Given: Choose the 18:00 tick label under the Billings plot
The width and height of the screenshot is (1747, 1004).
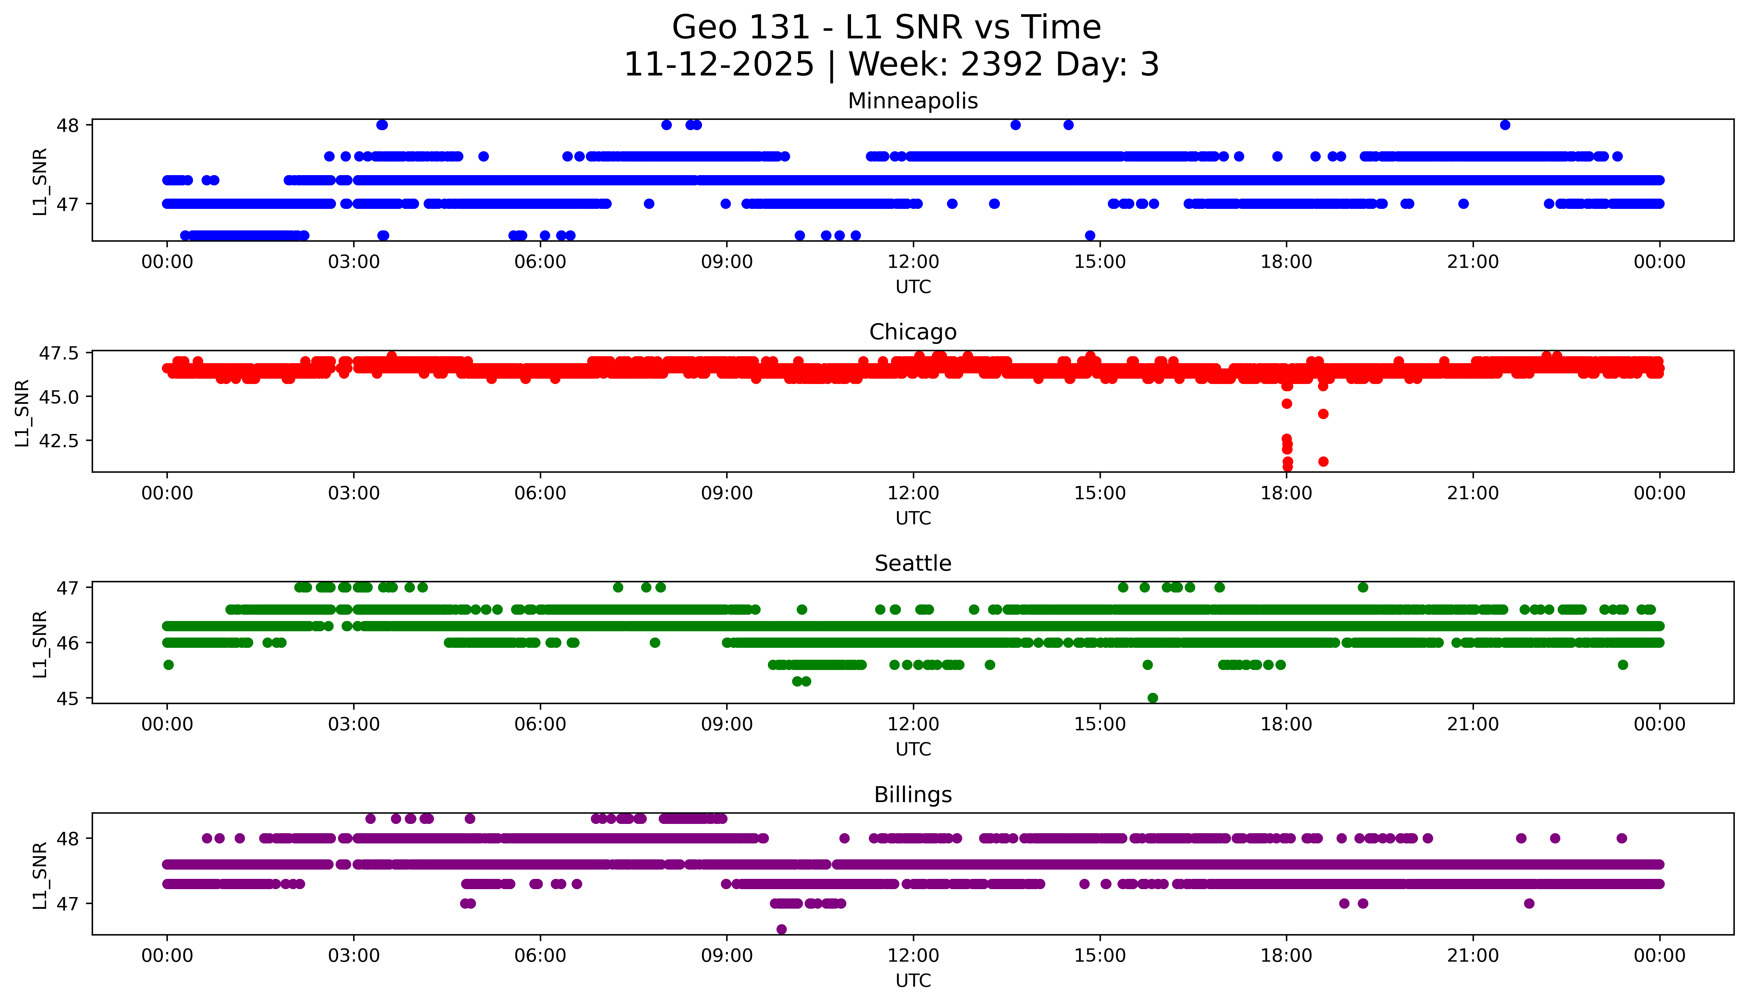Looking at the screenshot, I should point(1287,956).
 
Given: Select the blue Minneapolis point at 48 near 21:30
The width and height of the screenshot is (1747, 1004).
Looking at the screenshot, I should point(1505,125).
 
